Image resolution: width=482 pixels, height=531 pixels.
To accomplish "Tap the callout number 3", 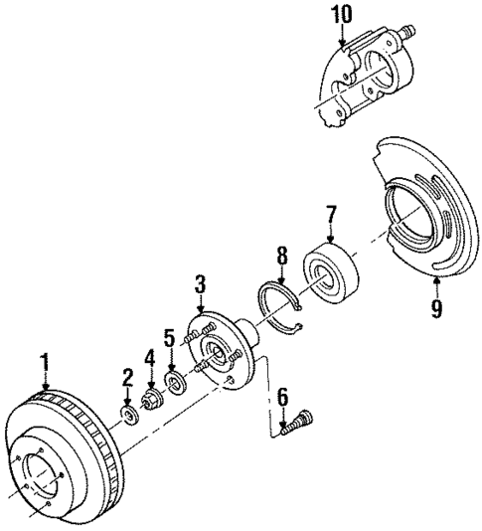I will tap(200, 286).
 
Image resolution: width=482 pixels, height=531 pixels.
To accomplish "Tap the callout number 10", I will tap(342, 15).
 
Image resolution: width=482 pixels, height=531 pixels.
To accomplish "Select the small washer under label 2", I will tap(128, 412).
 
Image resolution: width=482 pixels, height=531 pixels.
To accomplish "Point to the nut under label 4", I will tap(153, 401).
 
